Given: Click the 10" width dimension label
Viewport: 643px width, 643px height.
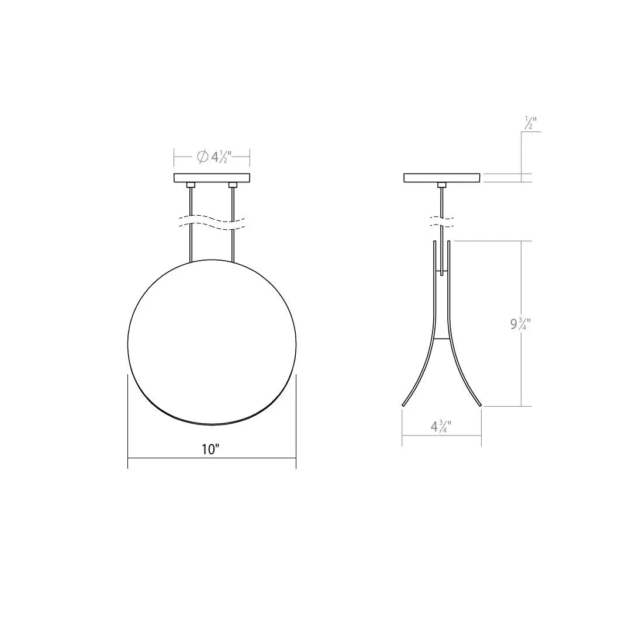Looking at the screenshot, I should point(210,450).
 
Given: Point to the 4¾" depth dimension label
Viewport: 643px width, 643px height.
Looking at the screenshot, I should point(441,426).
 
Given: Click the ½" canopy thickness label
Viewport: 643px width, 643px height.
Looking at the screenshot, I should point(531,123).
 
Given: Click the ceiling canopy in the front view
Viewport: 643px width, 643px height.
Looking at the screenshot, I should point(212,178).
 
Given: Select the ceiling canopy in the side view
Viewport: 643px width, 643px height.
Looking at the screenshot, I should point(442,178).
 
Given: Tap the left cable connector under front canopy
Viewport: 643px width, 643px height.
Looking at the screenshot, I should point(191,185).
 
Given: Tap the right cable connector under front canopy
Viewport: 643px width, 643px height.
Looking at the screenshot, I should point(233,185).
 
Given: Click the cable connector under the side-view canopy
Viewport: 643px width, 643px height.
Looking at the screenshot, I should point(442,185).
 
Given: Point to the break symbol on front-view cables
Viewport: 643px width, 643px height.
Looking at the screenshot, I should point(212,222).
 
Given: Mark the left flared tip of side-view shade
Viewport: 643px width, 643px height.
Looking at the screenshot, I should point(403,403).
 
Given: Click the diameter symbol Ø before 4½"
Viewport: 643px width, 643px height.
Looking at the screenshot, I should point(202,157).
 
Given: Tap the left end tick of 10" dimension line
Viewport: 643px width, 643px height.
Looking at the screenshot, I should point(128,458).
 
